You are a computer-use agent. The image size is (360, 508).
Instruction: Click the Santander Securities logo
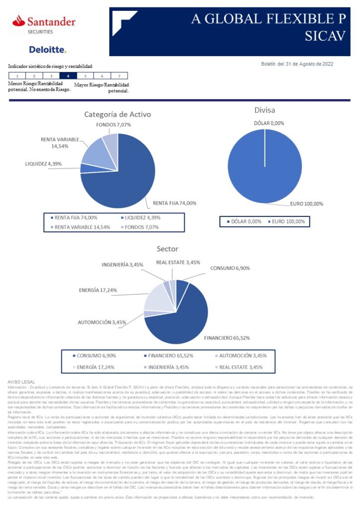[44, 24]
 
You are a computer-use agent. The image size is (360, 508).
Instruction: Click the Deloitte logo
[47, 50]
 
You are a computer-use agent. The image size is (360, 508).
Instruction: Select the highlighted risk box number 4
[68, 76]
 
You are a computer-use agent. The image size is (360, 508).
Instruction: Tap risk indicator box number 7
[119, 76]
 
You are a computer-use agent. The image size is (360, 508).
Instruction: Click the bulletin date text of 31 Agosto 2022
[297, 63]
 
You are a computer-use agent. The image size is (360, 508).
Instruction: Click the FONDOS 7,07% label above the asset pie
[113, 125]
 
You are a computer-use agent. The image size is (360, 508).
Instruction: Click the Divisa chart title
[264, 110]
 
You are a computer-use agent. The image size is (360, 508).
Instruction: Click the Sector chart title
[167, 249]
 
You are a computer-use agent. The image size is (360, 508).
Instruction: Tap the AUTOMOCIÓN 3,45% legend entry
[242, 355]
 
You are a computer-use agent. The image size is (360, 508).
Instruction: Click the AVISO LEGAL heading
[21, 381]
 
